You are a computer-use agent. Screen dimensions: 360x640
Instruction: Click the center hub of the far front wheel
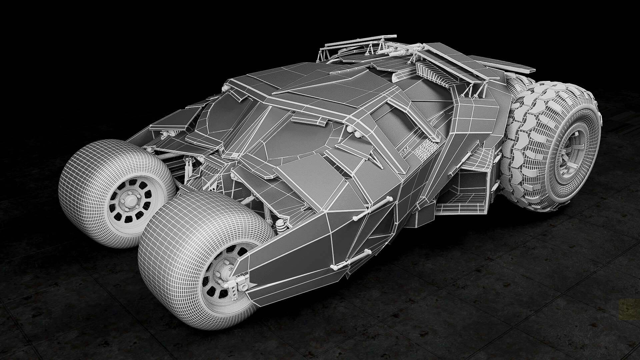[x=129, y=201]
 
